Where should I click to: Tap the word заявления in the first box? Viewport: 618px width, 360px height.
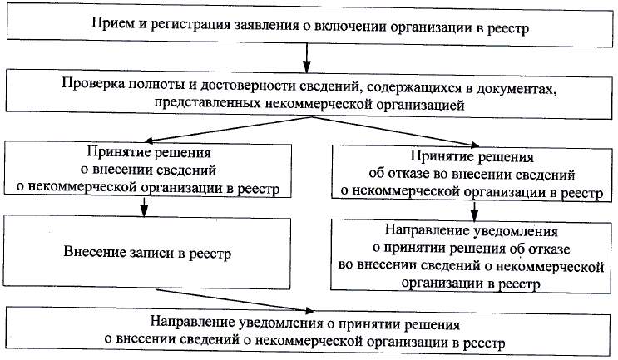click(254, 28)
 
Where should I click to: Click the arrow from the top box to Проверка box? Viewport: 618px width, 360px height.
click(307, 58)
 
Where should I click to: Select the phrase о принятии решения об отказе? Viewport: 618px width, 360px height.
click(471, 248)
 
